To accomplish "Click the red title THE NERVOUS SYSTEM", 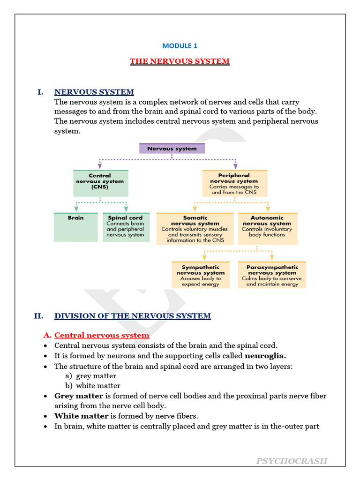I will [180, 61].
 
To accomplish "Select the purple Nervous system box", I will [172, 149].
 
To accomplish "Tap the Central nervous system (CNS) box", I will [100, 183].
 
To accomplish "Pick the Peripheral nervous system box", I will [234, 183].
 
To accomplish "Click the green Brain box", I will [76, 227].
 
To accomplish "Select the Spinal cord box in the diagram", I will [126, 227].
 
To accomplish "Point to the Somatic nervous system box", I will [195, 228].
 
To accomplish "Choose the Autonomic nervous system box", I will [267, 228].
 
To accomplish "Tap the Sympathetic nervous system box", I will [201, 275].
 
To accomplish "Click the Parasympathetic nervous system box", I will [272, 275].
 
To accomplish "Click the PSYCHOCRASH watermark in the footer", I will [292, 461].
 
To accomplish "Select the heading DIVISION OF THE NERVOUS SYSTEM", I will [132, 316].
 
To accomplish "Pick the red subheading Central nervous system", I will [102, 335].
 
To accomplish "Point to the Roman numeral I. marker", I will [40, 92].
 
